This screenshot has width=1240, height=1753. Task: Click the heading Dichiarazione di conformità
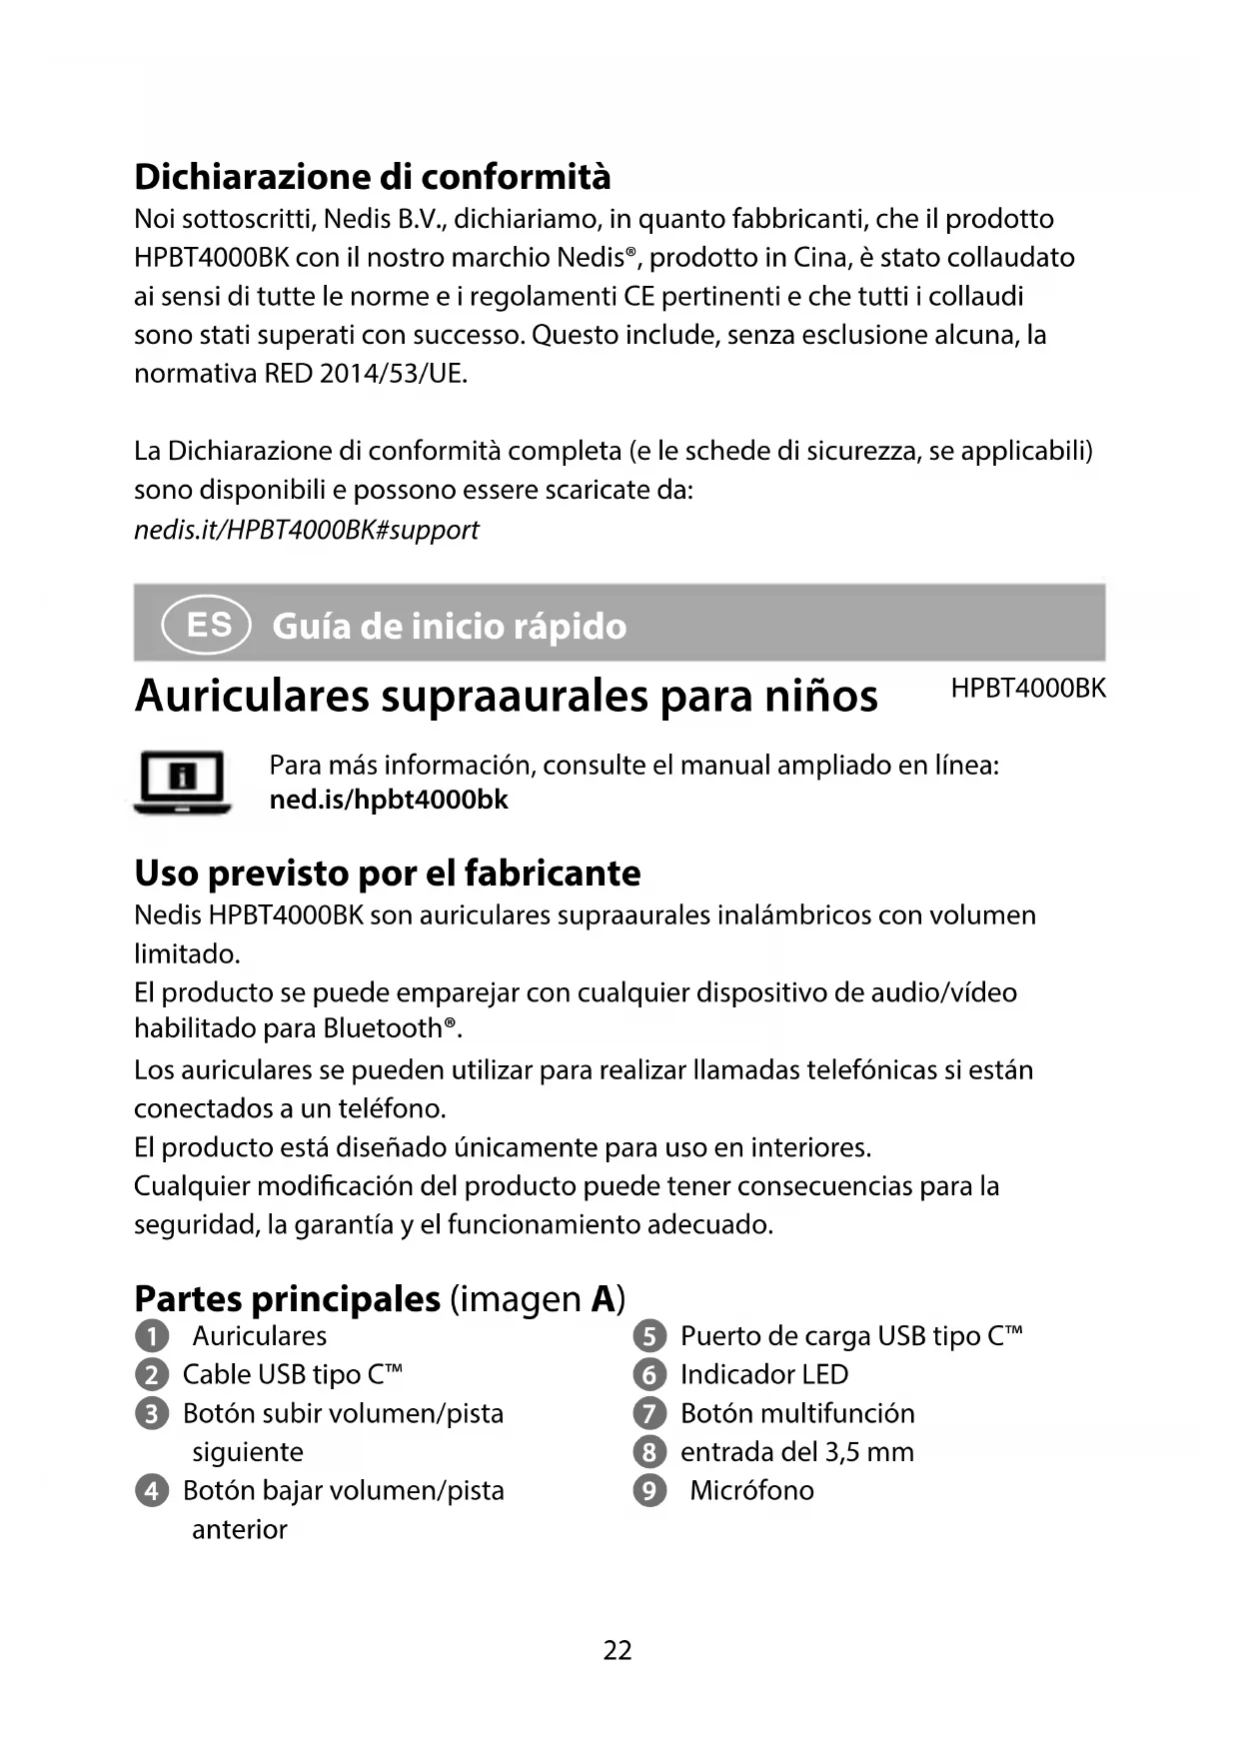[372, 177]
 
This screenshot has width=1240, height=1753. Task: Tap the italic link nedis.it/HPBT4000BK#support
[306, 530]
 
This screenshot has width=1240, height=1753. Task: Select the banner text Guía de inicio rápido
[449, 627]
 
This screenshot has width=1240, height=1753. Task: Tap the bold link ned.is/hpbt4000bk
[389, 801]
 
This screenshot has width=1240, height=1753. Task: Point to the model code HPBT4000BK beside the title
[1028, 689]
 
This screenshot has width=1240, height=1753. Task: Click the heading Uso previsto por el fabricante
[387, 874]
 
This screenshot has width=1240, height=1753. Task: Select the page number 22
[618, 1650]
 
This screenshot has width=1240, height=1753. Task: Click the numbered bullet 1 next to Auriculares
[151, 1337]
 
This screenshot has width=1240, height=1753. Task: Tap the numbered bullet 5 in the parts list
[649, 1337]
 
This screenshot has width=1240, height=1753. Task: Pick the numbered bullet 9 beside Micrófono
[649, 1491]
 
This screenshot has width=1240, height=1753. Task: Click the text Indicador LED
[763, 1375]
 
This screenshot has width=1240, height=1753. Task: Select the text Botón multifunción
[797, 1413]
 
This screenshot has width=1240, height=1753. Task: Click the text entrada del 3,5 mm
[796, 1452]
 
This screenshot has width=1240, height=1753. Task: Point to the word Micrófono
[751, 1491]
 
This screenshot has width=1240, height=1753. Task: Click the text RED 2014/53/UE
[366, 374]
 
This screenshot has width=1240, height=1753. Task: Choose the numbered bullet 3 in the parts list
[151, 1414]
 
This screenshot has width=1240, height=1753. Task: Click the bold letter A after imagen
[603, 1299]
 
